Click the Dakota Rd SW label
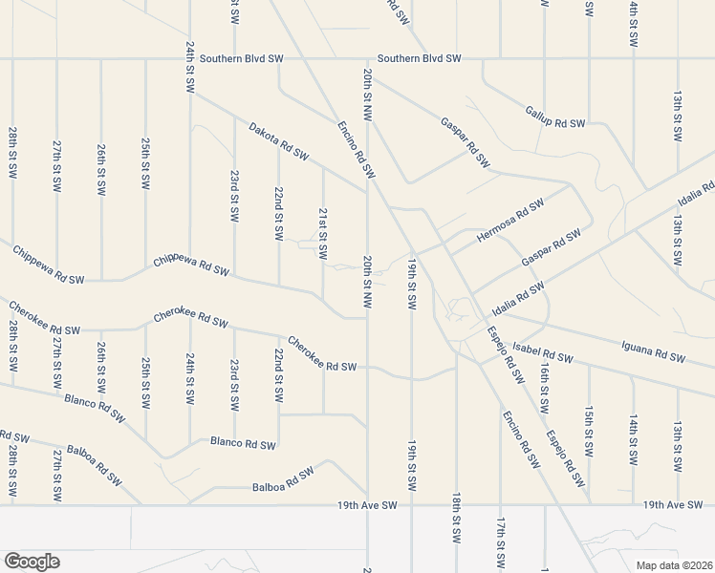278,140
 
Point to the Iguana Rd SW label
654,351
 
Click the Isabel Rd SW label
542,352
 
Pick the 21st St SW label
323,234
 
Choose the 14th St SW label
633,439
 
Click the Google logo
32,561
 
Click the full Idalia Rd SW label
510,298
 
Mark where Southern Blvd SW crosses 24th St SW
190,59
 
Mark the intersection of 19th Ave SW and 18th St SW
457,504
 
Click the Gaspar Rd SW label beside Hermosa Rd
552,248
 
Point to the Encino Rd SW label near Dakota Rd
353,149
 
